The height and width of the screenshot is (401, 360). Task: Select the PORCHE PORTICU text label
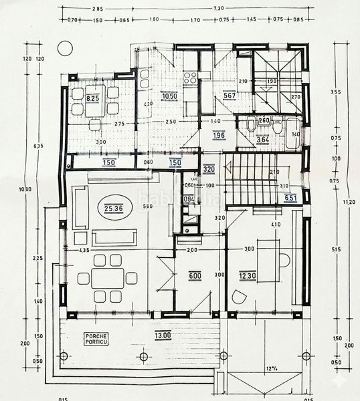point(94,340)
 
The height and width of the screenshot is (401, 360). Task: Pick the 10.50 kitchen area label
point(169,96)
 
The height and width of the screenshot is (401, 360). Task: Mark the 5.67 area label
point(230,95)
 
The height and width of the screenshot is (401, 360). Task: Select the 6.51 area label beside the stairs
point(290,198)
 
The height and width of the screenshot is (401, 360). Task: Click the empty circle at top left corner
point(64,47)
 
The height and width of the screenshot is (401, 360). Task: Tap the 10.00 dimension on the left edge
point(25,190)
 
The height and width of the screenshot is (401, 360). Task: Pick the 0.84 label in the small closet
point(189,198)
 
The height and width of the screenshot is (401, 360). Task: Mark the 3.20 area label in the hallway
point(209,169)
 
